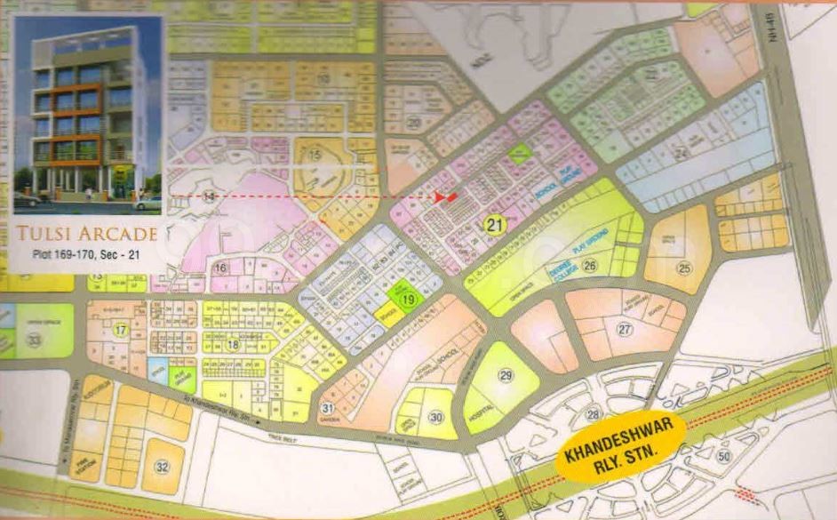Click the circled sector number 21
494,226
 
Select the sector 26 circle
590,264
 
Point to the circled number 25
683,268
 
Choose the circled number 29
506,376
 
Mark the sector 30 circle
435,417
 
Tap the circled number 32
161,467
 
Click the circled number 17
121,330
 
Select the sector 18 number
233,345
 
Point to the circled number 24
682,154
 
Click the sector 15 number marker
315,156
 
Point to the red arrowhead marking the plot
449,196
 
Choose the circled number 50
723,456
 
